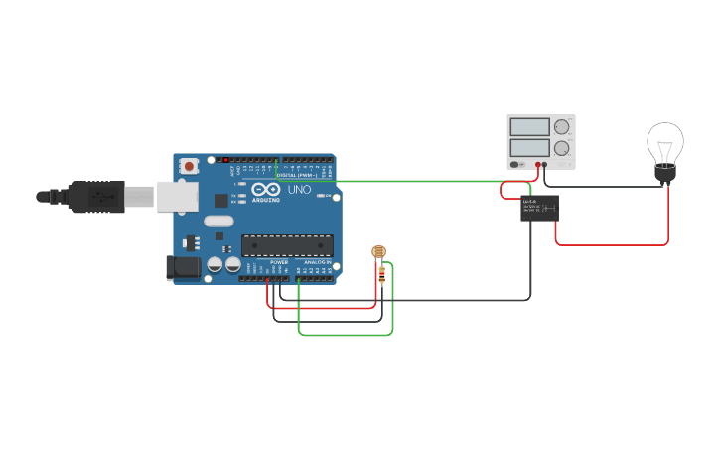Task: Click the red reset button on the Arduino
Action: [188, 167]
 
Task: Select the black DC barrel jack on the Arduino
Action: [181, 266]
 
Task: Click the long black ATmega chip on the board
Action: [287, 245]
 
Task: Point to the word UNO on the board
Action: [299, 189]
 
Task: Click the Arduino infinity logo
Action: [265, 188]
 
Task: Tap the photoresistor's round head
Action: [378, 252]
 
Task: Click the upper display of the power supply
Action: [528, 127]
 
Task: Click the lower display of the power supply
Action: [528, 148]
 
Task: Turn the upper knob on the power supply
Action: [562, 127]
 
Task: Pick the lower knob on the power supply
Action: [562, 148]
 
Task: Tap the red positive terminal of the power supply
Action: [538, 164]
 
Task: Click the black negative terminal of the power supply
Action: [545, 164]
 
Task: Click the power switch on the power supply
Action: [514, 164]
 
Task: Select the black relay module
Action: [539, 208]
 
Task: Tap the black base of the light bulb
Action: [664, 174]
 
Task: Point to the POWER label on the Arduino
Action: [279, 262]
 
